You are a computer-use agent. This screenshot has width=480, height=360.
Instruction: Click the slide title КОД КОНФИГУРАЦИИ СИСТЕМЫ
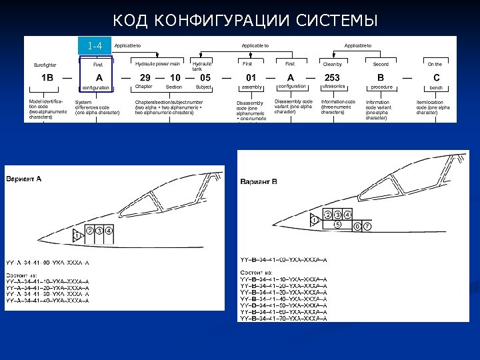[245, 22]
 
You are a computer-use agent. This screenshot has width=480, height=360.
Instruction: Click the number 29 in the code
[145, 77]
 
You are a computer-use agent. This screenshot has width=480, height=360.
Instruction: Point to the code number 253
[332, 77]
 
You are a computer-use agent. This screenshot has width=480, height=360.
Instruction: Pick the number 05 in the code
[205, 77]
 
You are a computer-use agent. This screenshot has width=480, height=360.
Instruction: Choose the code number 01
[251, 77]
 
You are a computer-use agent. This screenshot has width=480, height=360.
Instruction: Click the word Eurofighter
[45, 65]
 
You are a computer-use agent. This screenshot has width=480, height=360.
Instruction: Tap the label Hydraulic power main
[157, 63]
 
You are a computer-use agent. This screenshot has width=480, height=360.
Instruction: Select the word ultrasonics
[333, 87]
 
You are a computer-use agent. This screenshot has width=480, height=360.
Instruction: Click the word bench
[436, 87]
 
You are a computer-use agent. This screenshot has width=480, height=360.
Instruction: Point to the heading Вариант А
[24, 179]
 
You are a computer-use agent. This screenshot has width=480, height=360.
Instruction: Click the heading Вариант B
[259, 181]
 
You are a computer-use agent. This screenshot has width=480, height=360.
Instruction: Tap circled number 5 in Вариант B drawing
[338, 224]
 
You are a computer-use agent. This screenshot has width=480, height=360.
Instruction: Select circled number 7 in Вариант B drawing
[367, 227]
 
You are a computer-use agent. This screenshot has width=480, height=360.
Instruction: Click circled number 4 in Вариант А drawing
[109, 231]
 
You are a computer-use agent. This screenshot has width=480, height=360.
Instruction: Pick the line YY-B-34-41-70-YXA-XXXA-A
[283, 319]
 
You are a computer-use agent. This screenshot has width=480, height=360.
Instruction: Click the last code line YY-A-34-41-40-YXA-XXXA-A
[47, 301]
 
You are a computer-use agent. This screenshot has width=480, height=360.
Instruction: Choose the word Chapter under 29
[143, 87]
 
